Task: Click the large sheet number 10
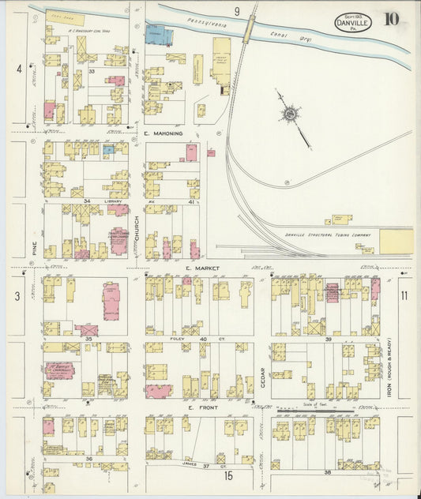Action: (x=392, y=19)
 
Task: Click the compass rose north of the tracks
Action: (x=291, y=116)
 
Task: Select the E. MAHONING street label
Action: (x=164, y=133)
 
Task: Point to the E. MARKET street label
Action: (x=199, y=268)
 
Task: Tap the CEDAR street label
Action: (x=263, y=372)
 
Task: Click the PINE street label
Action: (x=35, y=246)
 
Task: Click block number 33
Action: (x=92, y=72)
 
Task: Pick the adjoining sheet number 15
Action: (x=227, y=475)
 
